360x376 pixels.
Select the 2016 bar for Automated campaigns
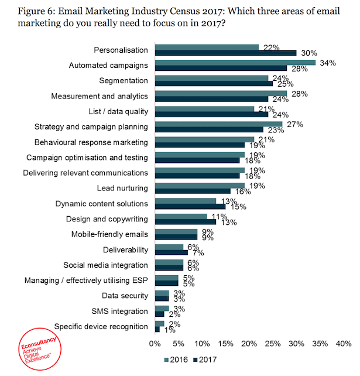click(x=235, y=63)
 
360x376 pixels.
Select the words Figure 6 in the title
click(x=30, y=11)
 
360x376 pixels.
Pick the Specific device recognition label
click(x=101, y=326)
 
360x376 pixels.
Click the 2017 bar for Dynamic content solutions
click(x=190, y=206)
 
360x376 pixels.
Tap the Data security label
click(x=125, y=295)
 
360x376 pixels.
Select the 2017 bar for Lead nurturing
click(x=192, y=191)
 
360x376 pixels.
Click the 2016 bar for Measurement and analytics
click(x=220, y=93)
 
